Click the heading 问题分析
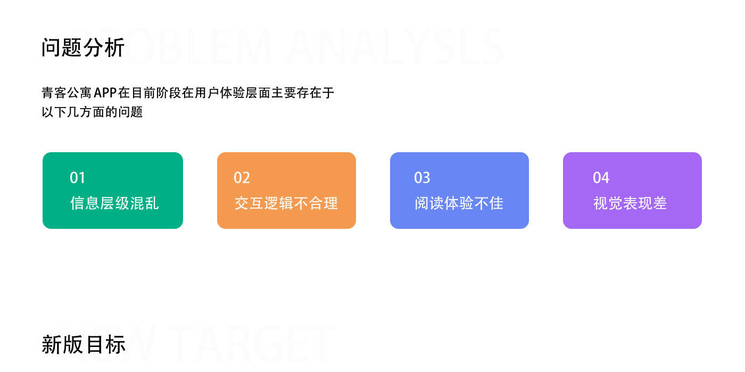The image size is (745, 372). pyautogui.click(x=83, y=48)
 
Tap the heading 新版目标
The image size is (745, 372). pyautogui.click(x=84, y=344)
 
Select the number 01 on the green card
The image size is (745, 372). pyautogui.click(x=78, y=178)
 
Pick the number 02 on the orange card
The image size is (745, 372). pyautogui.click(x=242, y=178)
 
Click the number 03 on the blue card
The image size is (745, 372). pyautogui.click(x=422, y=178)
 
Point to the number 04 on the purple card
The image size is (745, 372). pyautogui.click(x=601, y=178)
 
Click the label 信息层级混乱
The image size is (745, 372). pyautogui.click(x=114, y=203)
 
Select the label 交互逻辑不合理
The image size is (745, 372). pyautogui.click(x=286, y=203)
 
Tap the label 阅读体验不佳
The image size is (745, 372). pyautogui.click(x=459, y=203)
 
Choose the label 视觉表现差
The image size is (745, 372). pyautogui.click(x=630, y=203)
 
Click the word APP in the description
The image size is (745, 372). pyautogui.click(x=105, y=93)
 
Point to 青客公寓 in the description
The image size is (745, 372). pyautogui.click(x=67, y=93)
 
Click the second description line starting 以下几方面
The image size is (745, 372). pyautogui.click(x=93, y=112)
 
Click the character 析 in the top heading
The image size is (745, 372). pyautogui.click(x=115, y=48)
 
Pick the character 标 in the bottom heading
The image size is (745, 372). pyautogui.click(x=115, y=344)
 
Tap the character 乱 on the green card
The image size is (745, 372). pyautogui.click(x=152, y=203)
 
